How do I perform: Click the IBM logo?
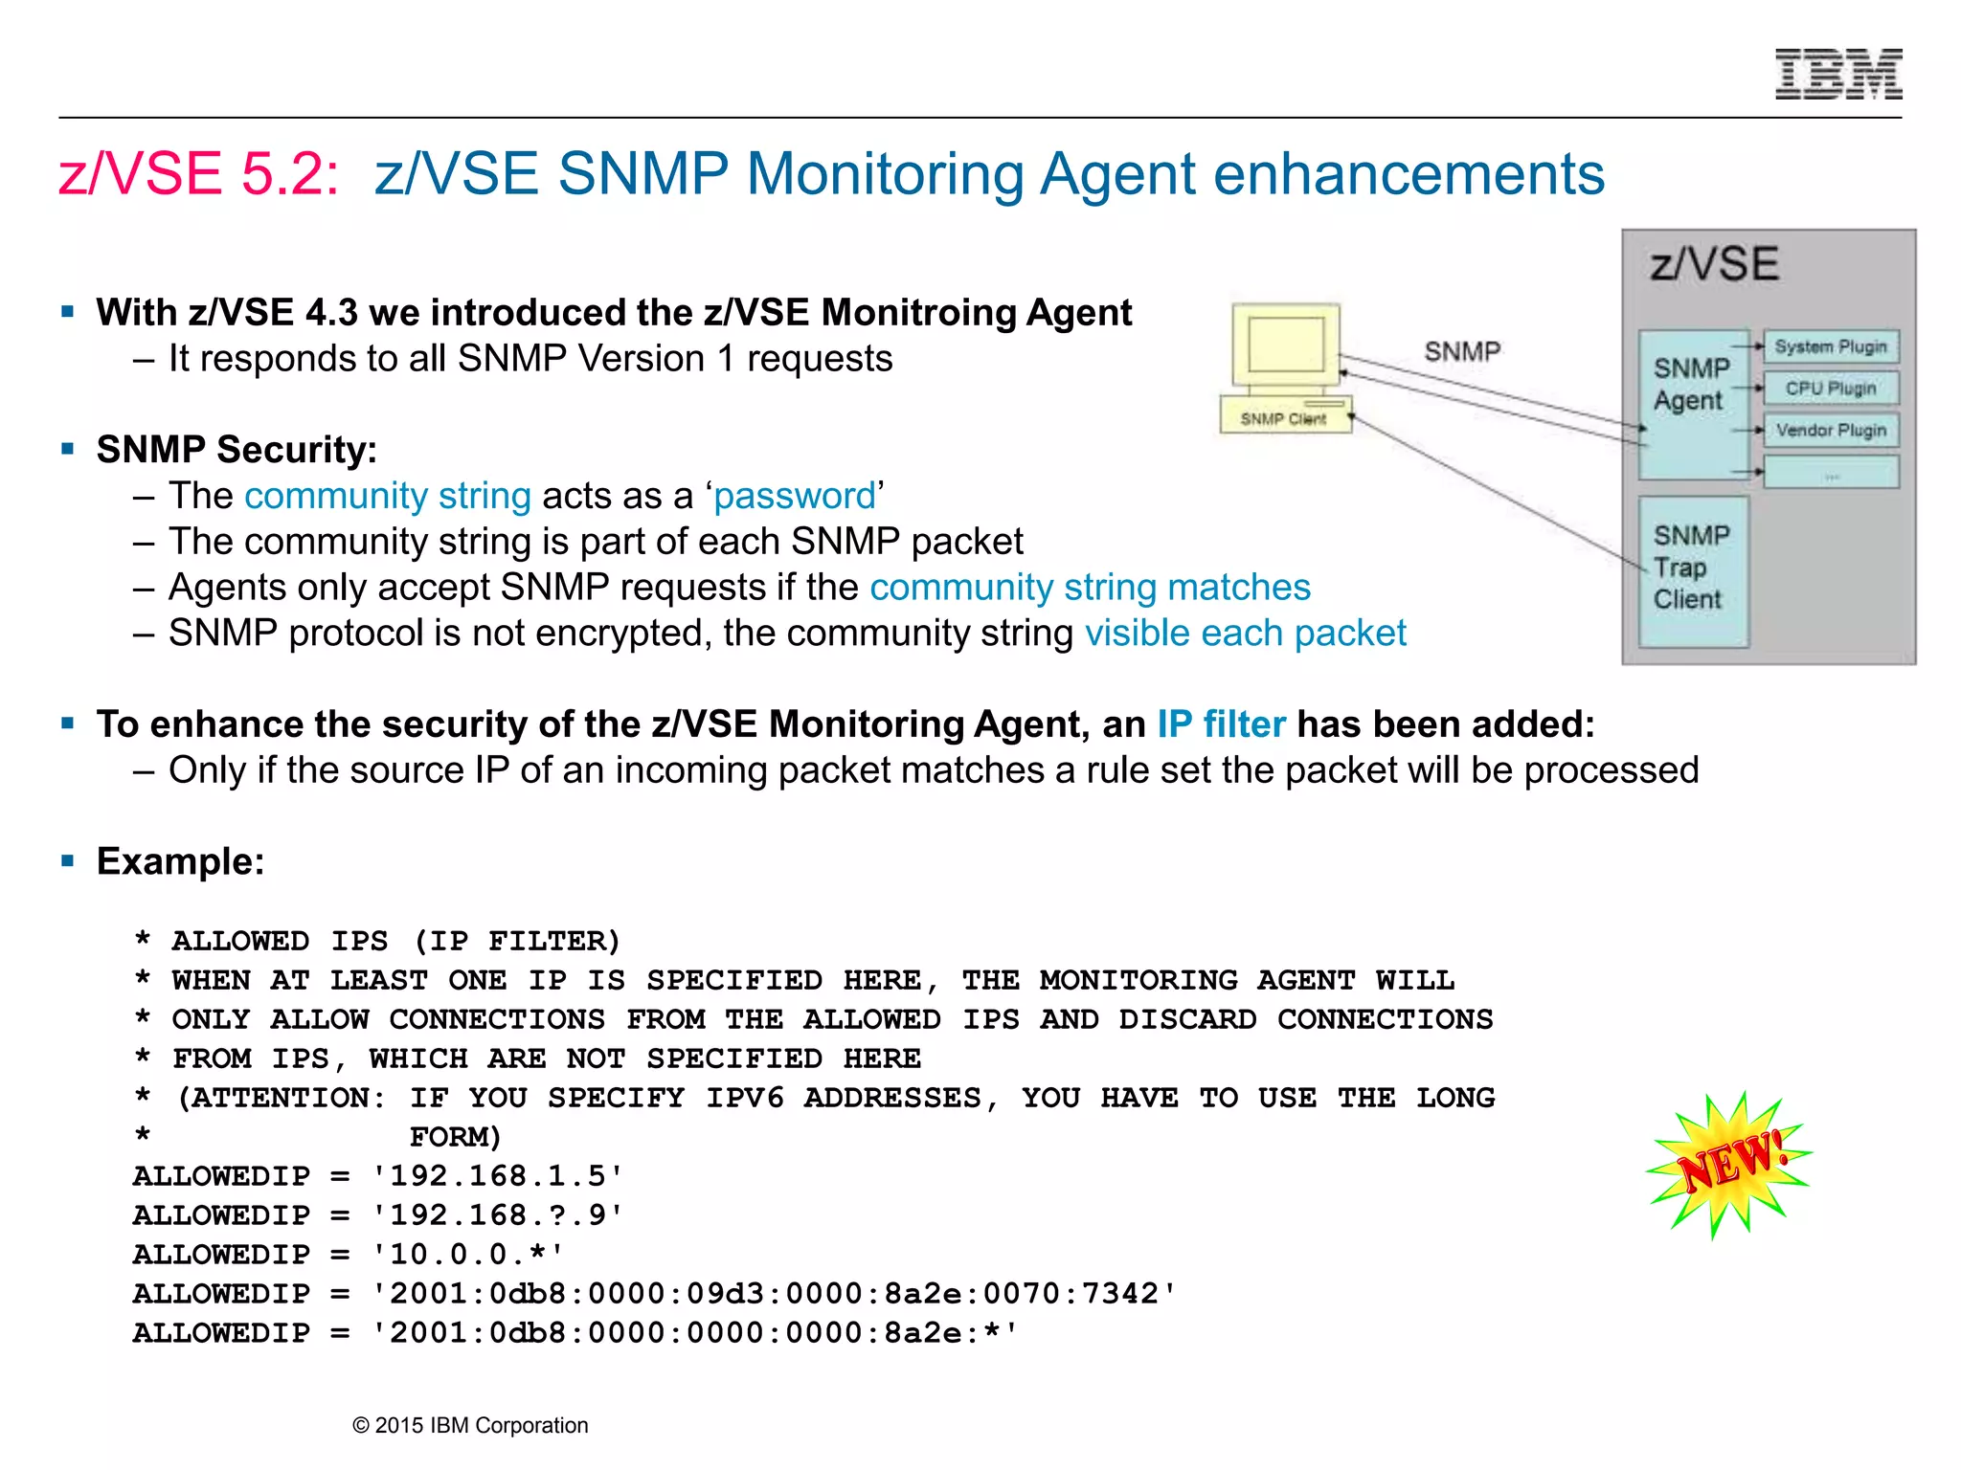click(1838, 75)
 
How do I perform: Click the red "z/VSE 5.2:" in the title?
click(199, 174)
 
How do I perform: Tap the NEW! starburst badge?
click(1729, 1164)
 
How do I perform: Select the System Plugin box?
click(1830, 346)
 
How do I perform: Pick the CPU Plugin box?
click(1830, 389)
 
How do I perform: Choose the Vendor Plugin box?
click(1830, 431)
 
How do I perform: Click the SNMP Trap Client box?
click(1692, 568)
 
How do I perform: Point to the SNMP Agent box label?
click(1691, 384)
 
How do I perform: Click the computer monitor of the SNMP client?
click(1286, 345)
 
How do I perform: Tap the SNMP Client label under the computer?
click(1283, 419)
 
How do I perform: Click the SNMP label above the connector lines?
click(1462, 351)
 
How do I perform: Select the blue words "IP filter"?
click(1221, 724)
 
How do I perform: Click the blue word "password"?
click(795, 496)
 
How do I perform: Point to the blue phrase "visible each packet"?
click(1245, 634)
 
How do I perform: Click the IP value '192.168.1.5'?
click(498, 1176)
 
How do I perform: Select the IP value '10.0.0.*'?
click(468, 1255)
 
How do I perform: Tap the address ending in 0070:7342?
click(774, 1294)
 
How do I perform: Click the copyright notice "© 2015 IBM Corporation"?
click(470, 1425)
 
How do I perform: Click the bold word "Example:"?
click(180, 861)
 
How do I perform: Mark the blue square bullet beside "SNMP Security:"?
click(67, 448)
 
